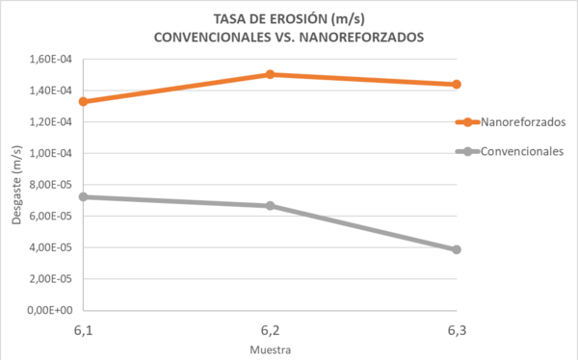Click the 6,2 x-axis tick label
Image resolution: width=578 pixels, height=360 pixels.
pos(271,330)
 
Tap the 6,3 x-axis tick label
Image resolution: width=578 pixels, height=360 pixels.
pos(457,330)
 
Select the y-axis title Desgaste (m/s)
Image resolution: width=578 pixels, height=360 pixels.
pos(17,185)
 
